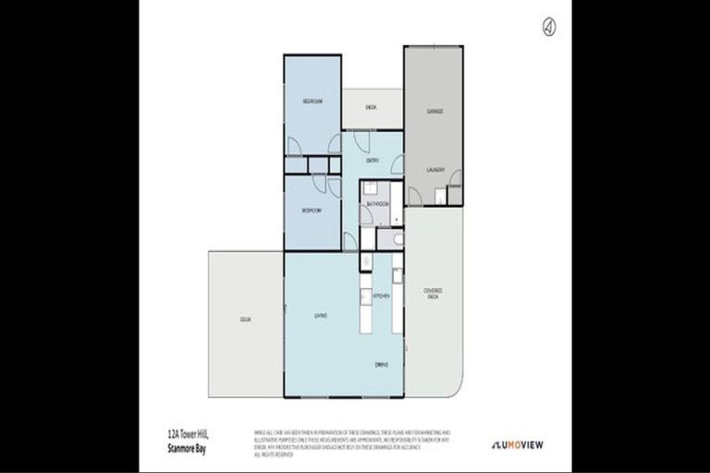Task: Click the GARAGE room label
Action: pyautogui.click(x=435, y=111)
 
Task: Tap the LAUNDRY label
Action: pyautogui.click(x=436, y=170)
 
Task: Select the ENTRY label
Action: pyautogui.click(x=373, y=161)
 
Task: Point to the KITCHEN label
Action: pyautogui.click(x=381, y=296)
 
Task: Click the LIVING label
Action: pyautogui.click(x=321, y=316)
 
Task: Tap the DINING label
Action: pyautogui.click(x=381, y=364)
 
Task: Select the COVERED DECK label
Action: pyautogui.click(x=433, y=293)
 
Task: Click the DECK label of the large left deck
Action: pyautogui.click(x=245, y=319)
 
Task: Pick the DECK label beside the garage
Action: pyautogui.click(x=371, y=107)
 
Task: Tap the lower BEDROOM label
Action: pyautogui.click(x=311, y=211)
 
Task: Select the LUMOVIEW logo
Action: pyautogui.click(x=517, y=444)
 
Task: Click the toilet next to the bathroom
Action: pyautogui.click(x=397, y=239)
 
